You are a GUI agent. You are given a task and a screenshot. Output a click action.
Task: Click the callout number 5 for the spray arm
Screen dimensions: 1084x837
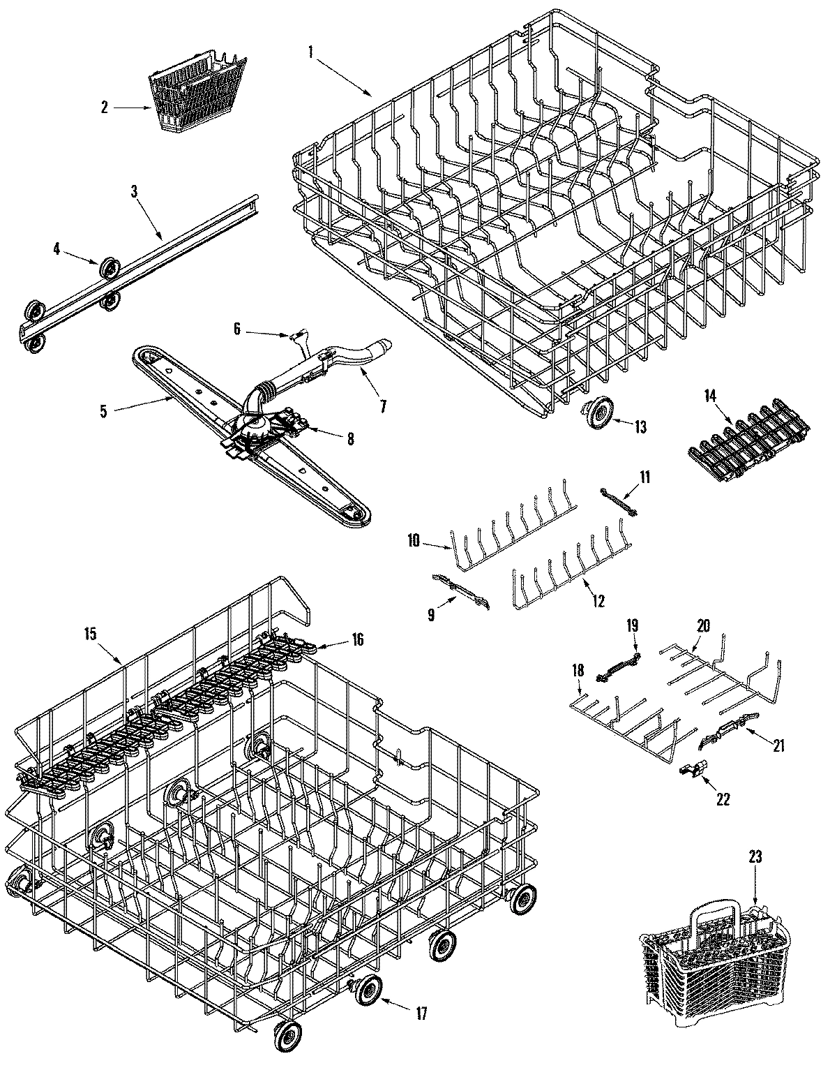pos(103,411)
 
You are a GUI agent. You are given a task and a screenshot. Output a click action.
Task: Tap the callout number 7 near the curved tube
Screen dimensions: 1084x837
pos(383,406)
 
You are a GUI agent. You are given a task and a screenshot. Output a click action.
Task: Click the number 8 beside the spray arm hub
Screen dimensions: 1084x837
pos(350,438)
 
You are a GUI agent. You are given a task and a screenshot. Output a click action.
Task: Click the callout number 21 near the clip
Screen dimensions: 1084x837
pos(778,747)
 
